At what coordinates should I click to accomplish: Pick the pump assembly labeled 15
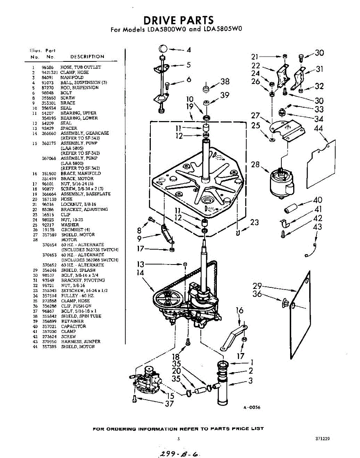pos(146,380)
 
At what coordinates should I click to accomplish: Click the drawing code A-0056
pos(252,408)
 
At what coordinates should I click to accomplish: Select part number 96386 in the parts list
pos(47,67)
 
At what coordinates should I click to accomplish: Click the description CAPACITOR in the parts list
pos(73,326)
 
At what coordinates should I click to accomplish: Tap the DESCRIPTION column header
pos(87,56)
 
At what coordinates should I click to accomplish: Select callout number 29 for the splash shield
pos(257,285)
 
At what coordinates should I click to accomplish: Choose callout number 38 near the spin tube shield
pos(225,81)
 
